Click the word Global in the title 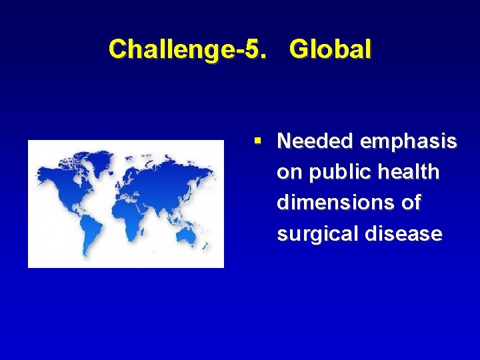tap(331, 49)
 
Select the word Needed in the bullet tap(315, 141)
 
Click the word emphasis tap(408, 141)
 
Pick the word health tap(407, 172)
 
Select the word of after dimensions tap(411, 203)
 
